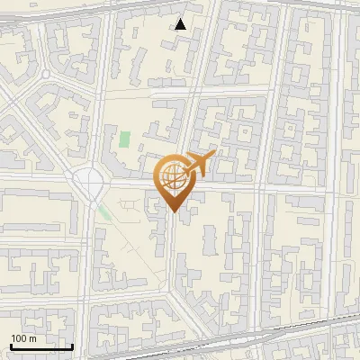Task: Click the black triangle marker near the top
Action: [x=181, y=24]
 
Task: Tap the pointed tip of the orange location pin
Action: [x=173, y=212]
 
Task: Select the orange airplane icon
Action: [x=198, y=165]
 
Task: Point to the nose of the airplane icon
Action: [x=213, y=156]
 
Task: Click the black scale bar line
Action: [x=41, y=346]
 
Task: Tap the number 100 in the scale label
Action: [x=19, y=338]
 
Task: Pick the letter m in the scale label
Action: [x=32, y=338]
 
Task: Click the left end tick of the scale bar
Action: [x=11, y=345]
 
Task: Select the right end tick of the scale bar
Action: [x=72, y=345]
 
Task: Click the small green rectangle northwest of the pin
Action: [x=124, y=140]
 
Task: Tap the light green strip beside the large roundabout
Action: [x=105, y=213]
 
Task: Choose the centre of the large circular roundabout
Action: [x=91, y=184]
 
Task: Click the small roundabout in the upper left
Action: [x=44, y=74]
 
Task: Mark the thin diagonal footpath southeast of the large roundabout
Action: [x=135, y=252]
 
